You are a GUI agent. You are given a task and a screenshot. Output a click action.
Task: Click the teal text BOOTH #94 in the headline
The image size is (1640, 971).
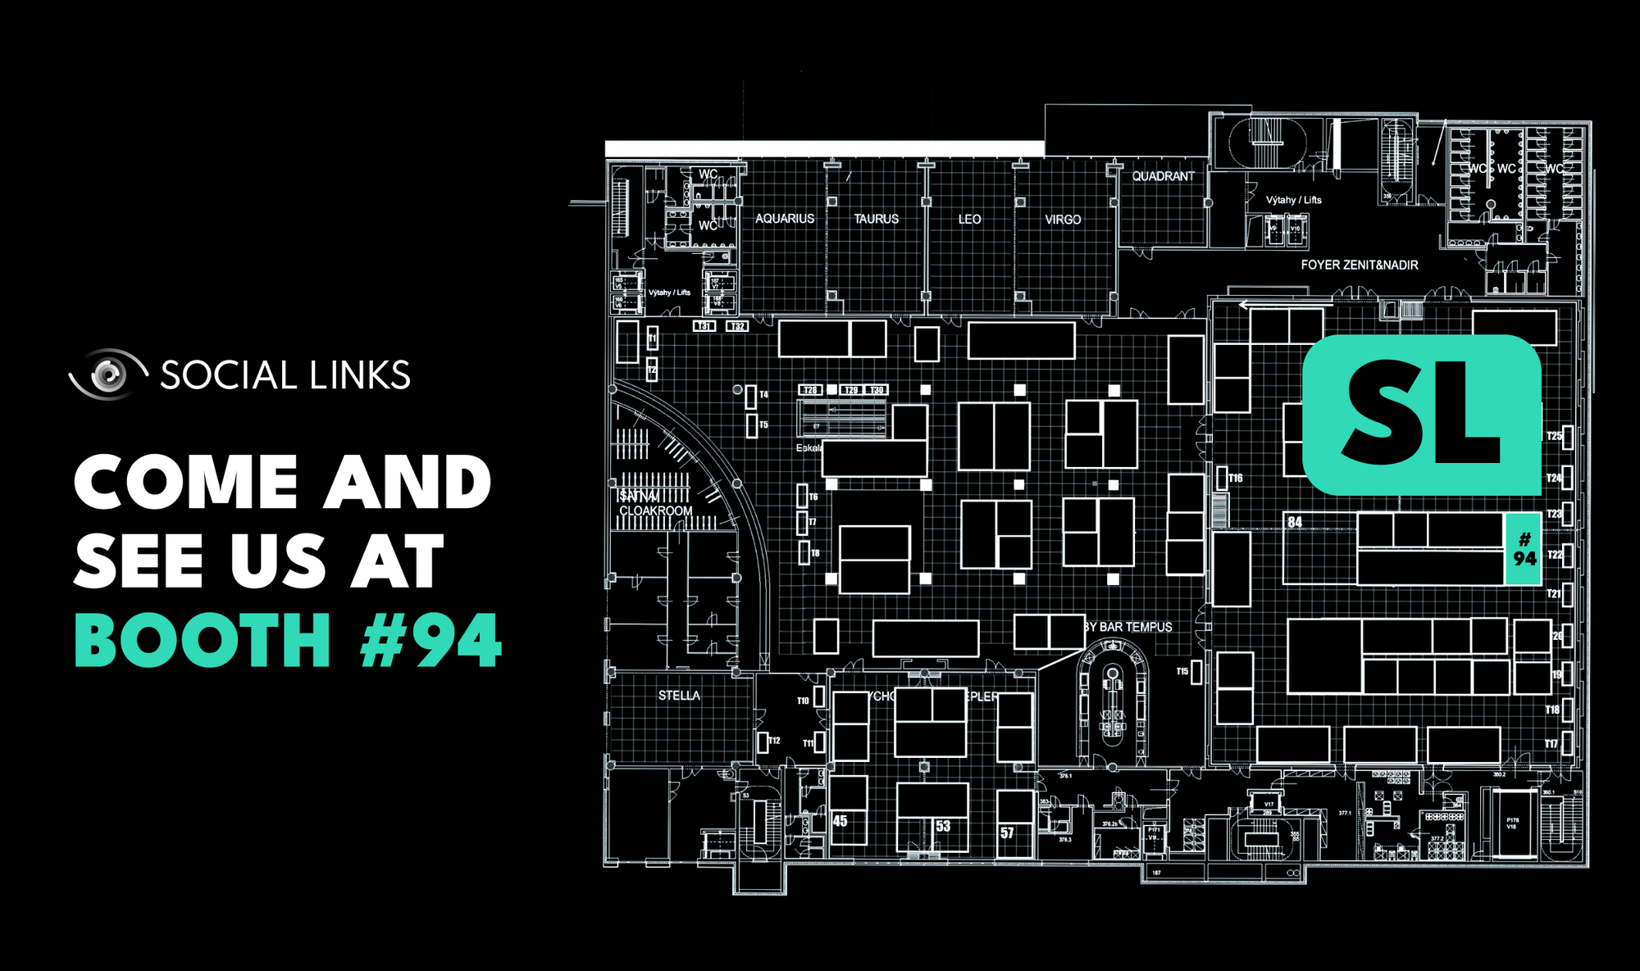(x=287, y=641)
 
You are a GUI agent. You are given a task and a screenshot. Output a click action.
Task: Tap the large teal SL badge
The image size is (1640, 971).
(x=1422, y=415)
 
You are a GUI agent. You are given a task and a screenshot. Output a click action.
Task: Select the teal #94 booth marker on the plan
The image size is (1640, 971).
(x=1524, y=549)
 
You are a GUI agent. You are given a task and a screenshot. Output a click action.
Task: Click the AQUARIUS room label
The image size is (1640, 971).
(x=785, y=219)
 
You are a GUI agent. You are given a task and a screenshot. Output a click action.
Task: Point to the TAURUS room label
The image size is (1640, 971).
(x=876, y=219)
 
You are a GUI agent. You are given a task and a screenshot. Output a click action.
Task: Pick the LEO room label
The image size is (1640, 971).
(x=969, y=219)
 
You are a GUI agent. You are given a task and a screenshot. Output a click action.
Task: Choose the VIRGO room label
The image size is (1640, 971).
(x=1063, y=220)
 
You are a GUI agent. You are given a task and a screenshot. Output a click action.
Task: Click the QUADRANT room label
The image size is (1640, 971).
(x=1163, y=176)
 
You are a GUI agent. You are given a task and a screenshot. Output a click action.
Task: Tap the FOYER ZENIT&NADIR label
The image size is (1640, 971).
(x=1359, y=265)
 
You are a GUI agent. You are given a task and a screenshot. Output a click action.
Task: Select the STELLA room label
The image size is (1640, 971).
(x=679, y=696)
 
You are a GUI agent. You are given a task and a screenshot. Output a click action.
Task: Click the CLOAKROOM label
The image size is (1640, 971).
(x=655, y=510)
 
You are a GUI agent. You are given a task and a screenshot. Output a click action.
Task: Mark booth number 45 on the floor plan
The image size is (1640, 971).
(x=840, y=821)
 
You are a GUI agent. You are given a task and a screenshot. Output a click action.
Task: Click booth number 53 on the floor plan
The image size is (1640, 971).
(x=943, y=826)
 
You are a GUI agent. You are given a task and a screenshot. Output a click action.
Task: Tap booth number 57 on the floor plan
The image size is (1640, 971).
(x=1007, y=833)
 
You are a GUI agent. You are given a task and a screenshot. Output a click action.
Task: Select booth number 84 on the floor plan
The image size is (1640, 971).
(x=1295, y=522)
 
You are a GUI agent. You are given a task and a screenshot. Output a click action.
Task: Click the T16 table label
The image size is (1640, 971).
(x=1235, y=478)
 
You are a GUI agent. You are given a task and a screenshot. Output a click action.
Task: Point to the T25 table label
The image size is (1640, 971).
(x=1553, y=436)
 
